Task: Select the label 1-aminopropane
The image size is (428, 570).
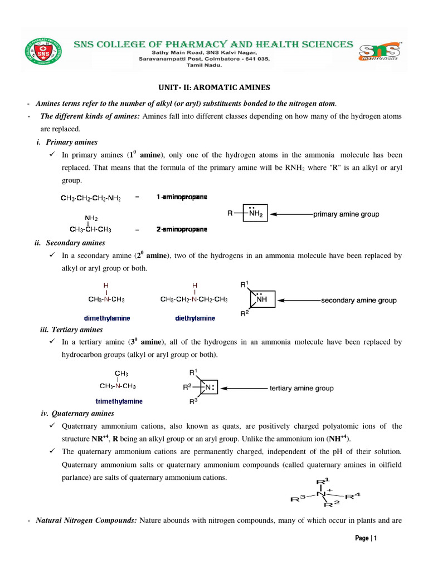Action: point(181,197)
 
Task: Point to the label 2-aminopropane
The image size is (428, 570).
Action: point(181,229)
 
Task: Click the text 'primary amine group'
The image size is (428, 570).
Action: point(346,214)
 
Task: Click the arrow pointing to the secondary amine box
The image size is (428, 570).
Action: point(298,301)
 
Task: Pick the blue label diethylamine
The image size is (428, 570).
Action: point(194,318)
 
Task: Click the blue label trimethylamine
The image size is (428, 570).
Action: point(119,401)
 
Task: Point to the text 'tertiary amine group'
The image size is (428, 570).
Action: point(301,388)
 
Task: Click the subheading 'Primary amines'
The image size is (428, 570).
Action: point(72,142)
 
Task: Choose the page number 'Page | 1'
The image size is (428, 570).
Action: point(366,538)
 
